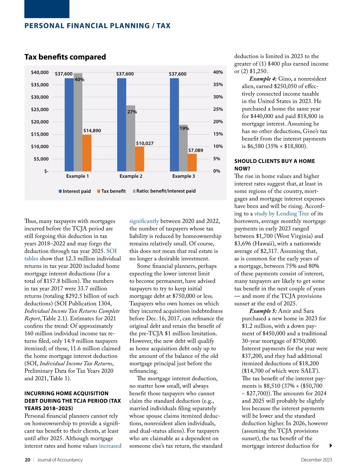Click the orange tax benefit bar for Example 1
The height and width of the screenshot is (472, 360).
pyautogui.click(x=87, y=153)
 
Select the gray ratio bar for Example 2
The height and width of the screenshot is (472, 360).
pyautogui.click(x=131, y=138)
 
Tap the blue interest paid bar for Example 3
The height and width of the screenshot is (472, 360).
pyautogui.click(x=174, y=124)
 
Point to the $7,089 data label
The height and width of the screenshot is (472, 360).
pyautogui.click(x=196, y=150)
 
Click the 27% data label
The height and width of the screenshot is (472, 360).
pyautogui.click(x=132, y=112)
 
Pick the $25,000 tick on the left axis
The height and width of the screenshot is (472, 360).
pyautogui.click(x=40, y=109)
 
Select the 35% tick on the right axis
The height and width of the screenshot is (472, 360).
pyautogui.click(x=218, y=85)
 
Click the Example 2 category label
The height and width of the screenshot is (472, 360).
pyautogui.click(x=131, y=176)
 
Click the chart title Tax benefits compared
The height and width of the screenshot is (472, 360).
pyautogui.click(x=65, y=57)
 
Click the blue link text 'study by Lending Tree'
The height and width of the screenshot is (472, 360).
pyautogui.click(x=281, y=214)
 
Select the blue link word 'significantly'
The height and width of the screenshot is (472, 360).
pyautogui.click(x=144, y=221)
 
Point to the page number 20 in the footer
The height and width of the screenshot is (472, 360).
pyautogui.click(x=27, y=460)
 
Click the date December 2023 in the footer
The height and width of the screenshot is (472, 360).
pyautogui.click(x=316, y=460)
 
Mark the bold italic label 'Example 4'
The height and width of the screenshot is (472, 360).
pyautogui.click(x=262, y=79)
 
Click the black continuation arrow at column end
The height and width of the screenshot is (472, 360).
pyautogui.click(x=331, y=446)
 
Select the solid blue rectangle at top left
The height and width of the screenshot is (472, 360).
pyautogui.click(x=47, y=9)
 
